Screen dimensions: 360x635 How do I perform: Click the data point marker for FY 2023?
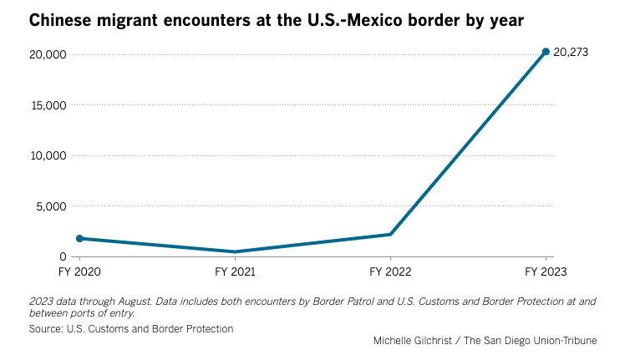click(546, 52)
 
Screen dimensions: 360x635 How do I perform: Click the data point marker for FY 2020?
click(79, 238)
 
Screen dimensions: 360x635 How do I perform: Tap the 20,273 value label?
click(571, 52)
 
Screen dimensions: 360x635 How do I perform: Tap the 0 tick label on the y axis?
click(63, 256)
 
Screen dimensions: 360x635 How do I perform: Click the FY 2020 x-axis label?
click(79, 271)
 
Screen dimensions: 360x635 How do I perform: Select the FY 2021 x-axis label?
click(235, 271)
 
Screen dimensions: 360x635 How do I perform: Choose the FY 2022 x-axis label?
click(390, 271)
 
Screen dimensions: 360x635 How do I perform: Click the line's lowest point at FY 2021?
click(235, 251)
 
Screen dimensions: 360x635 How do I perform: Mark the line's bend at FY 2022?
click(390, 234)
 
